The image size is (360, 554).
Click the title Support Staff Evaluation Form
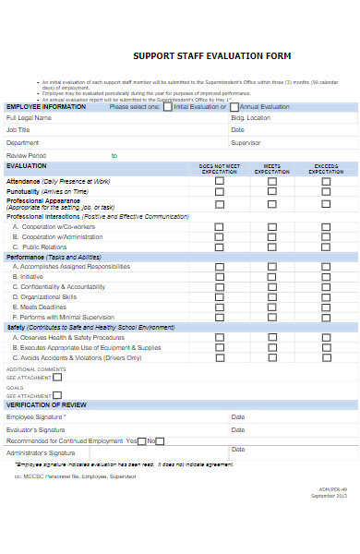click(x=211, y=55)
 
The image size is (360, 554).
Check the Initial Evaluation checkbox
click(x=167, y=107)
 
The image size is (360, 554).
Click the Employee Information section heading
click(x=46, y=107)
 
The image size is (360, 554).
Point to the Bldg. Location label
click(x=250, y=118)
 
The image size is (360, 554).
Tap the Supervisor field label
click(x=246, y=143)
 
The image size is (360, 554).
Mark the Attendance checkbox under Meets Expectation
click(x=271, y=182)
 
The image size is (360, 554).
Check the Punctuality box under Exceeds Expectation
click(x=326, y=192)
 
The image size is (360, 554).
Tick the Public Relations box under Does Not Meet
click(x=219, y=247)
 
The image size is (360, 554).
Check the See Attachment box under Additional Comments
click(x=57, y=377)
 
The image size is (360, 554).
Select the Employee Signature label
click(x=36, y=417)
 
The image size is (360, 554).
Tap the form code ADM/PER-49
click(x=332, y=515)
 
